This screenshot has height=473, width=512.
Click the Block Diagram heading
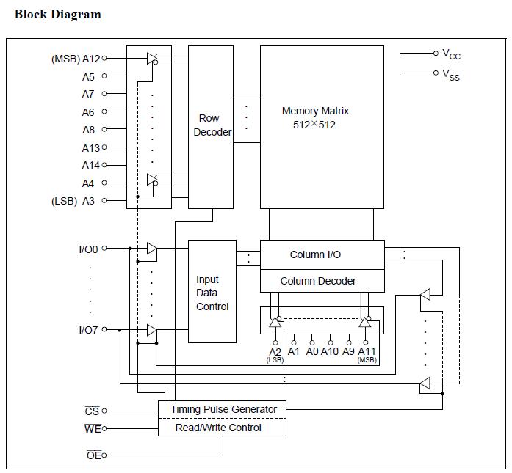click(58, 15)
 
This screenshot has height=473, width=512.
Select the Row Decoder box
click(211, 127)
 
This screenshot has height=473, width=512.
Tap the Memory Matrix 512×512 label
click(315, 117)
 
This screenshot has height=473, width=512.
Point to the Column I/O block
click(322, 254)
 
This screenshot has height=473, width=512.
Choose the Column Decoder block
click(322, 281)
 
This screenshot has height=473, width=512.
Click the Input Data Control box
click(212, 291)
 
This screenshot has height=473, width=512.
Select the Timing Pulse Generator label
click(223, 409)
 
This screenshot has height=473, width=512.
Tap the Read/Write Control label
click(218, 428)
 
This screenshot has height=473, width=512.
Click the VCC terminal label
click(451, 54)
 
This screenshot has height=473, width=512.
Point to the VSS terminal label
click(451, 75)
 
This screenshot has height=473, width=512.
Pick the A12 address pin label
click(91, 59)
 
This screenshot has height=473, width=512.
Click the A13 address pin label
click(91, 148)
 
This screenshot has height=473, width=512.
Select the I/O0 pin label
click(88, 249)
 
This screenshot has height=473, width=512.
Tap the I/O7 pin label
click(88, 330)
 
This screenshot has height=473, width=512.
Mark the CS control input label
click(92, 411)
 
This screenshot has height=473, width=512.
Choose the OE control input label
click(94, 455)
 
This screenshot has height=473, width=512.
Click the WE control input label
click(93, 429)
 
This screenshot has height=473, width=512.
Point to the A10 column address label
click(330, 351)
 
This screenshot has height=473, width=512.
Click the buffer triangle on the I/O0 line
click(152, 249)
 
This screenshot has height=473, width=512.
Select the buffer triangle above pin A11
click(365, 322)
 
